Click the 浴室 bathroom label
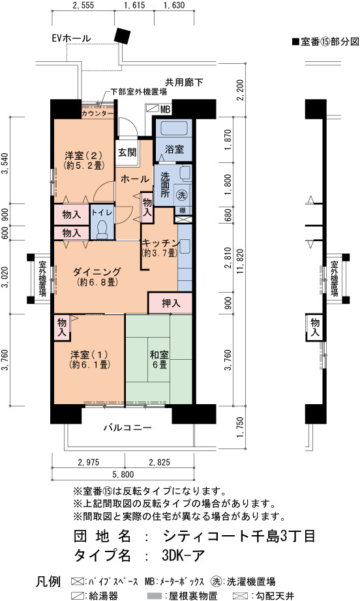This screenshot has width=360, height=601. tap(174, 149)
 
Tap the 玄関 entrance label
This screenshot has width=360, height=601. tap(127, 152)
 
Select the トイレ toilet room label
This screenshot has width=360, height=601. tap(102, 212)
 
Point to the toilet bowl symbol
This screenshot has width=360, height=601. tap(102, 229)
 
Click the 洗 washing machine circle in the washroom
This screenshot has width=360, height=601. tap(181, 195)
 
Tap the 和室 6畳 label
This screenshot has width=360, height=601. tap(160, 359)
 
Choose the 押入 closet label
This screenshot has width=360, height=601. tap(171, 303)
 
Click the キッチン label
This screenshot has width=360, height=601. tap(160, 243)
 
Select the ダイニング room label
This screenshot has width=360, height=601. tap(97, 272)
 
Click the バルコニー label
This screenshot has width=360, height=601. tap(128, 428)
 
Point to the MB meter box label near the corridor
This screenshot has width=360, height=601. tap(165, 110)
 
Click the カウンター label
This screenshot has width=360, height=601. tap(97, 114)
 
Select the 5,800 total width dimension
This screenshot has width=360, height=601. tap(123, 475)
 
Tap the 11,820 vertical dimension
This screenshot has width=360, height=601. tap(240, 261)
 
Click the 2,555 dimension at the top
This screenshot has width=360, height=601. tap(83, 5)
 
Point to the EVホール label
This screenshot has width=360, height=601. tap(72, 38)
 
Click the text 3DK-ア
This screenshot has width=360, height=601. tap(183, 555)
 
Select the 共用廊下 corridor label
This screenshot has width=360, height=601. tap(184, 82)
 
